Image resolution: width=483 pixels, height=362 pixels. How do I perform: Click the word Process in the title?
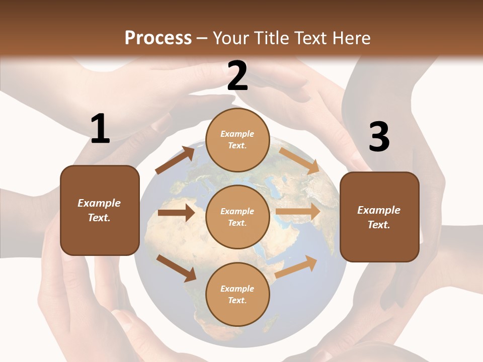click(x=158, y=38)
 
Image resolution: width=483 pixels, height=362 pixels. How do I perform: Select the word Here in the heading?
click(x=350, y=38)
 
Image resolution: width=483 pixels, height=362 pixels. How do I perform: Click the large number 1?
click(x=100, y=129)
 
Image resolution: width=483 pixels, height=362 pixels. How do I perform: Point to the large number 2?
click(x=237, y=76)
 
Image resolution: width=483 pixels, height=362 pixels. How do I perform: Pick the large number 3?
click(x=379, y=137)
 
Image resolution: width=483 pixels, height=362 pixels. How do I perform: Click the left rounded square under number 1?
click(x=100, y=210)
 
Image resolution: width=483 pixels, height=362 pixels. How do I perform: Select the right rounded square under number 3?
click(x=379, y=217)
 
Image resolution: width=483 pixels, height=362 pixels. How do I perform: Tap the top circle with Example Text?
click(x=237, y=140)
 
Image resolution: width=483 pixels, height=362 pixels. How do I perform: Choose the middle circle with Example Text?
click(x=237, y=217)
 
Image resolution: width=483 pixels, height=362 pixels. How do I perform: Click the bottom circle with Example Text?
click(x=237, y=294)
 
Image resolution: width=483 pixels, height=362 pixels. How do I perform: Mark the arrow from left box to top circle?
click(x=175, y=160)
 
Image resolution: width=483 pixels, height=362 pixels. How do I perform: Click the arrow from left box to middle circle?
click(x=176, y=213)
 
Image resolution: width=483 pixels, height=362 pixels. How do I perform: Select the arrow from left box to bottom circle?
click(x=177, y=267)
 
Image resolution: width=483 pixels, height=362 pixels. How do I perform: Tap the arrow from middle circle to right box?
click(x=298, y=212)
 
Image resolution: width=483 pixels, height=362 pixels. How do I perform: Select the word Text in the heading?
click(x=310, y=38)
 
